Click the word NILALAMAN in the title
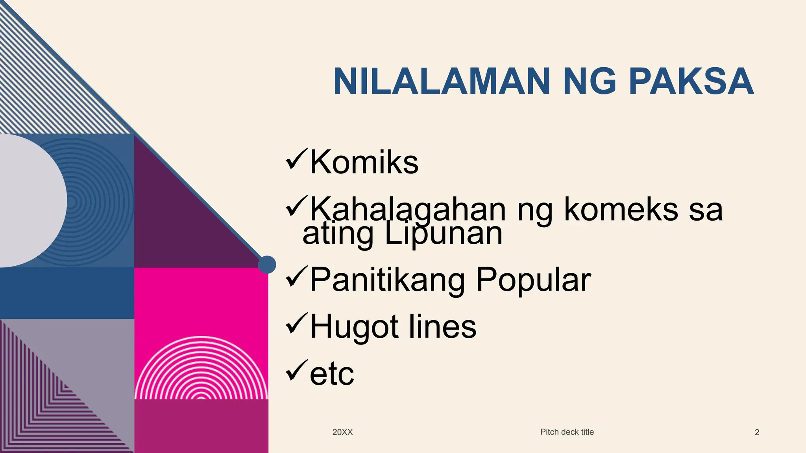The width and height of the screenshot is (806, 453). click(441, 81)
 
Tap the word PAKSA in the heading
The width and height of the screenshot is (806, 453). click(691, 81)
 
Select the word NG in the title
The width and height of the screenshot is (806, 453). click(589, 81)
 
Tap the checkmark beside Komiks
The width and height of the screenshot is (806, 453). click(296, 159)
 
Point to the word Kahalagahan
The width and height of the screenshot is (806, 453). click(408, 209)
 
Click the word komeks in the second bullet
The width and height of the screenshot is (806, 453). click(621, 209)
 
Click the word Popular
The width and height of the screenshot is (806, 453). click(533, 280)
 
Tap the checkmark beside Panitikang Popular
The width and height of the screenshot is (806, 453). click(296, 277)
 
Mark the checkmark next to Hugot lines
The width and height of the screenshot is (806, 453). click(296, 324)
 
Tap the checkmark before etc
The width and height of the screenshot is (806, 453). click(296, 371)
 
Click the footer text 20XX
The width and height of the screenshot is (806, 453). click(342, 432)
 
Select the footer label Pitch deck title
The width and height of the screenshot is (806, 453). click(567, 432)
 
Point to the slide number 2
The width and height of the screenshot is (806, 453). click(757, 433)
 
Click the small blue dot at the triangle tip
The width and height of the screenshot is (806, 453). click(267, 265)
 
